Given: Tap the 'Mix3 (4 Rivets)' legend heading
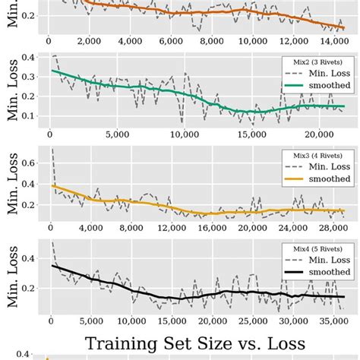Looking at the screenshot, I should pyautogui.click(x=318, y=153).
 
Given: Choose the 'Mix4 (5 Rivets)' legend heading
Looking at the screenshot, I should pyautogui.click(x=318, y=248).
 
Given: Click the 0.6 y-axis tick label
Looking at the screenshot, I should pyautogui.click(x=34, y=162).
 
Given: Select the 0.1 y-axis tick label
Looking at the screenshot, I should pyautogui.click(x=34, y=115).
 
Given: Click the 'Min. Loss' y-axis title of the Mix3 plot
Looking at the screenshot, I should pyautogui.click(x=13, y=182).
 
